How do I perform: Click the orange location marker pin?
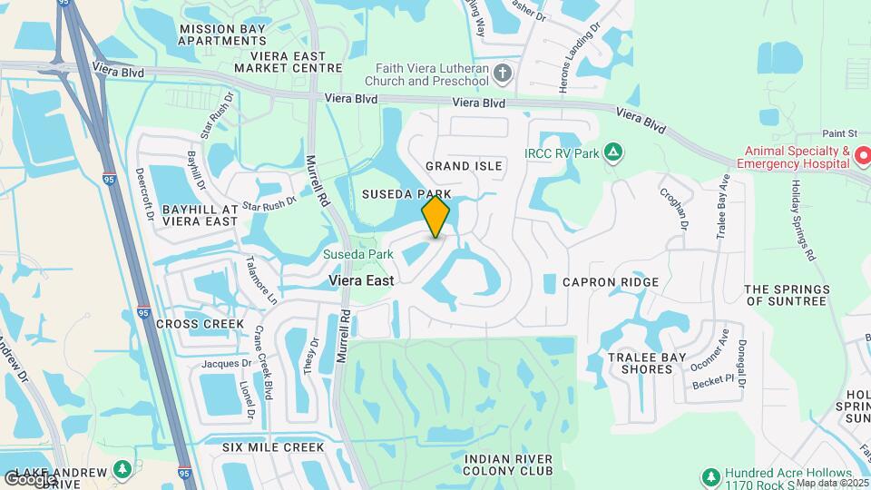click(436, 216)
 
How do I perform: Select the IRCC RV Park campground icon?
click(613, 152)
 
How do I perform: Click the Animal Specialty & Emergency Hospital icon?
click(863, 158)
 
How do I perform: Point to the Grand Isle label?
click(464, 166)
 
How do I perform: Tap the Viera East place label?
click(361, 281)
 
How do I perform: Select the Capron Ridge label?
click(611, 282)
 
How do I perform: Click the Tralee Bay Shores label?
click(641, 363)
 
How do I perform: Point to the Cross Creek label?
click(200, 324)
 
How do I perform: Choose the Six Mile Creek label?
click(273, 447)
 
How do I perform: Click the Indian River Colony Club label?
click(508, 465)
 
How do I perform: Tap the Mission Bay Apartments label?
click(222, 34)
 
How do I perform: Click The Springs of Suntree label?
click(786, 295)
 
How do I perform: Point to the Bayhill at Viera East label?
click(200, 215)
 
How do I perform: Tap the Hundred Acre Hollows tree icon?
click(712, 475)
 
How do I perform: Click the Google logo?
click(29, 478)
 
